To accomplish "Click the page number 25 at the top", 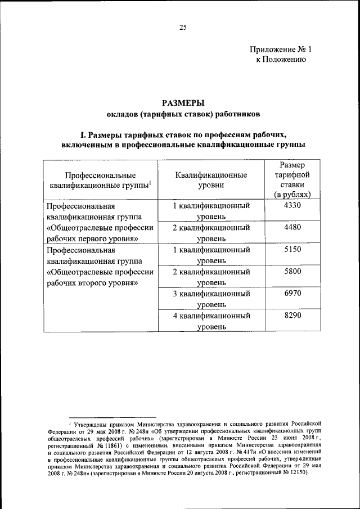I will click(183, 27).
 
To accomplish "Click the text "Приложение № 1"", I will click(280, 49).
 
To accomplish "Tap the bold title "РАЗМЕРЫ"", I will click(183, 103).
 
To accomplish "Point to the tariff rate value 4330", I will click(292, 206).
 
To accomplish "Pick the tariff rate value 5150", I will click(292, 250).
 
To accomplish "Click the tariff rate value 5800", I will click(292, 272).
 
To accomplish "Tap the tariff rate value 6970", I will click(292, 294).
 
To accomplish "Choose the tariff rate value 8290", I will click(292, 316).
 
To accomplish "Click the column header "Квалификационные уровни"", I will click(211, 179).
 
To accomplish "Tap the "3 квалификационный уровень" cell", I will click(211, 299).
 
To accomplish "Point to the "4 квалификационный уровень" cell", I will click(211, 321).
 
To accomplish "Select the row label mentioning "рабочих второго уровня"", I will click(92, 283).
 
